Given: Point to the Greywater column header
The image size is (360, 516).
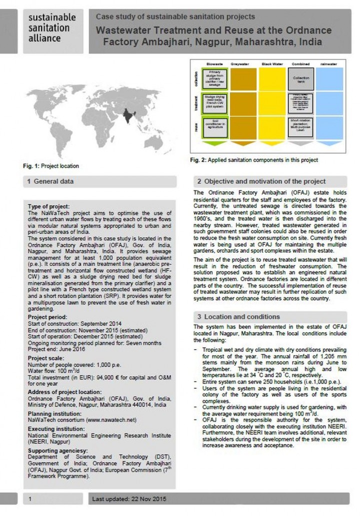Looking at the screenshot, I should [240, 64].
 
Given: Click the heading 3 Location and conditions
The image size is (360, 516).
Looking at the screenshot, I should [238, 317].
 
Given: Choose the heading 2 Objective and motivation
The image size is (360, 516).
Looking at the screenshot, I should [261, 181].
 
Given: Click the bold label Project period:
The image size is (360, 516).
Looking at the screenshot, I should [48, 317].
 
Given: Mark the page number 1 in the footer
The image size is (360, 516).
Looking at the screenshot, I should [31, 499].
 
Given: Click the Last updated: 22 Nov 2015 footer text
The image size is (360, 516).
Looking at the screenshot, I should [129, 499].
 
